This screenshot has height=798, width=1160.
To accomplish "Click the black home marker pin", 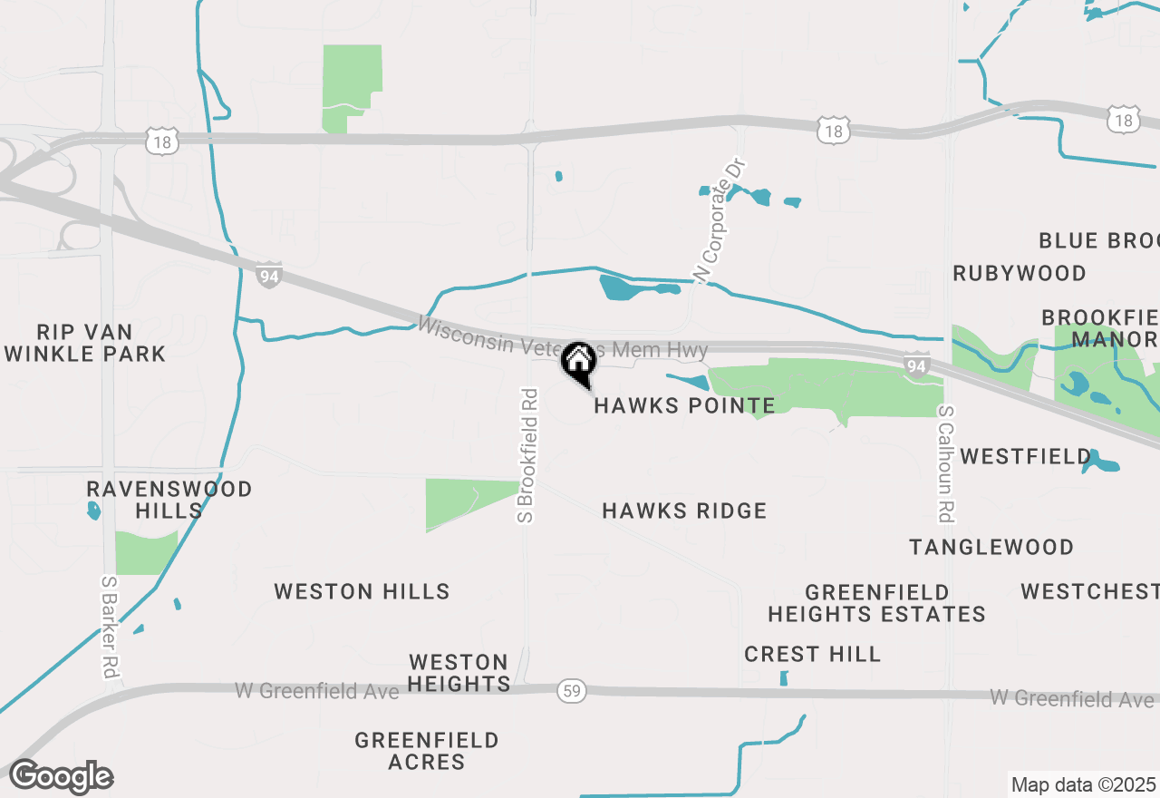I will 578,362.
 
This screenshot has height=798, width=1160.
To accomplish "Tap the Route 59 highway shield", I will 572,691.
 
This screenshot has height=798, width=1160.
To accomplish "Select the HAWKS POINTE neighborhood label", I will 684,405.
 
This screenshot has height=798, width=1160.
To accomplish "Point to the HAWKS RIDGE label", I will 684,511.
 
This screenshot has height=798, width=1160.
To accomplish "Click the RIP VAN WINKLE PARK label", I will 85,343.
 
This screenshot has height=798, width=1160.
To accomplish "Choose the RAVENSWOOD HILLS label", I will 169,500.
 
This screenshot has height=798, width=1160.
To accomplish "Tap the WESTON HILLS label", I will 362,592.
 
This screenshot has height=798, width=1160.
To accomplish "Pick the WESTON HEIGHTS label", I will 459,673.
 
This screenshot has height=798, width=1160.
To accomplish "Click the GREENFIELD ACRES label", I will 427,752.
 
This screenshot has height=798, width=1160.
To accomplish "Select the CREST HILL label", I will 812,654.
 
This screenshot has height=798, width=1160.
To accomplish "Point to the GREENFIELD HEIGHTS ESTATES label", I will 876,603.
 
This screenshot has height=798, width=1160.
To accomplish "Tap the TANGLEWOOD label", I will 991,547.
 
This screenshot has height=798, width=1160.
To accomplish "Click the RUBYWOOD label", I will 1020,273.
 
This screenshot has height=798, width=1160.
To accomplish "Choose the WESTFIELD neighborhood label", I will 1026,456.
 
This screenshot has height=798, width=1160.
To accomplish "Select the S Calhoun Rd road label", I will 945,463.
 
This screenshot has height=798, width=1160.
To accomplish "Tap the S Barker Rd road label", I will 110,628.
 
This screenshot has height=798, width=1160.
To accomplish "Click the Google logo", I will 61,777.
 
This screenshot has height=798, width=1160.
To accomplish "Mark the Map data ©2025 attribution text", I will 1082,784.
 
